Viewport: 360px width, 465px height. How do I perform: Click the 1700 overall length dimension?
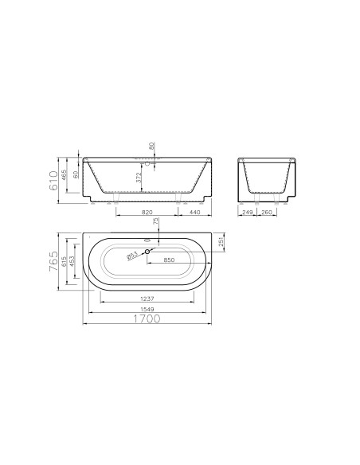[147, 318]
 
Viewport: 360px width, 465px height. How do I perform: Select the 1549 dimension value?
[148, 309]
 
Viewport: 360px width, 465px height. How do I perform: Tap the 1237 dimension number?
[148, 299]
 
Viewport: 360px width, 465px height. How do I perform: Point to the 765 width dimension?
[54, 261]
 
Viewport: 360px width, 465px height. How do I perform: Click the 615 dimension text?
[64, 263]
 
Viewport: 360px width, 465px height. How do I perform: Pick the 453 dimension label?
[72, 261]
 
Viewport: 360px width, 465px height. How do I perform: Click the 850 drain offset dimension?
[169, 260]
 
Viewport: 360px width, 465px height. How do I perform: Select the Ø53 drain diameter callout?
[132, 256]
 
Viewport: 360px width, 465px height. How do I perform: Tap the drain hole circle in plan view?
[147, 252]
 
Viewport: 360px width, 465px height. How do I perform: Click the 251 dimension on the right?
[221, 242]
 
